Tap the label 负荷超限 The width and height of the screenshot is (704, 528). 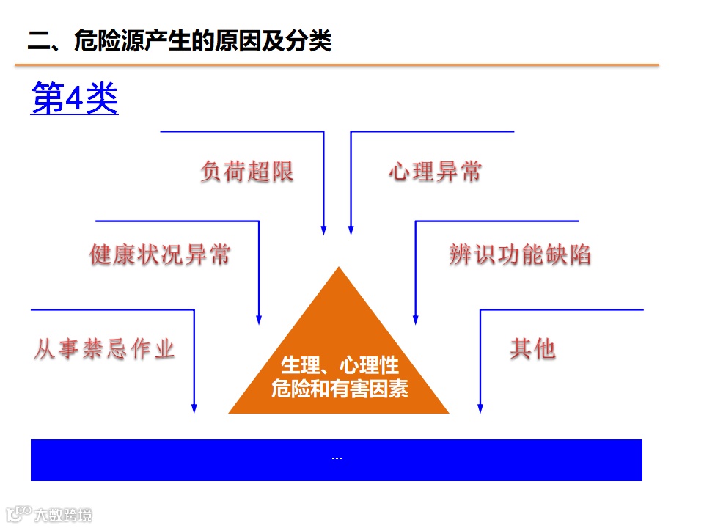pos(246,172)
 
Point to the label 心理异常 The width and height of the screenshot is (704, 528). pos(436,172)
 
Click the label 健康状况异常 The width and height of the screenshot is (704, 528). pos(160,254)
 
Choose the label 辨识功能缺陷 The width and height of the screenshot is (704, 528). pos(520,254)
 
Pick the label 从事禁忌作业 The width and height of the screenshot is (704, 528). pos(104,349)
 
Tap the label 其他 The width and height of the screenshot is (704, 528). pos(532,349)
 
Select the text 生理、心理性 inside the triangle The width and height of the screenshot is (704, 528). pos(340,365)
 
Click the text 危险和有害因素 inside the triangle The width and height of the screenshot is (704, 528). pos(340,388)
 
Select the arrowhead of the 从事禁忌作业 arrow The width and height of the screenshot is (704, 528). pos(194,408)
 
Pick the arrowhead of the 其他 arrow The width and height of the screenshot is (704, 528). pos(480,408)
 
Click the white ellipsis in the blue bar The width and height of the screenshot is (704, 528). pos(337,459)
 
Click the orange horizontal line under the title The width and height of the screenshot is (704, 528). pos(337,65)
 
